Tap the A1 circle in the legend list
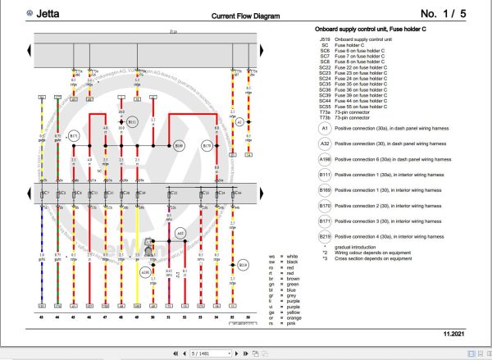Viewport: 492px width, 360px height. [326, 128]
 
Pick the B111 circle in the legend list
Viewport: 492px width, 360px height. [326, 173]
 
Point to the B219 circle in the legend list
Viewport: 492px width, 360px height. [326, 237]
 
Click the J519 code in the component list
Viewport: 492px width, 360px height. [326, 39]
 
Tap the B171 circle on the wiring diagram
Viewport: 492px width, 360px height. [74, 135]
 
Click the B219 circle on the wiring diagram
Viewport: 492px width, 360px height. [243, 265]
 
